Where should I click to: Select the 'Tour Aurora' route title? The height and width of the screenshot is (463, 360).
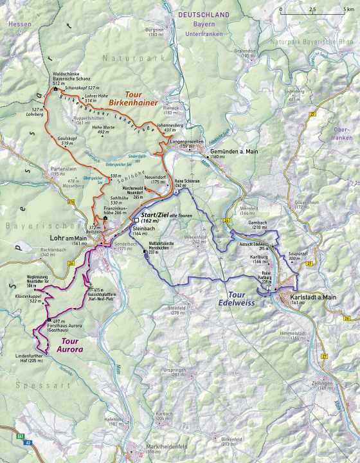point(67,345)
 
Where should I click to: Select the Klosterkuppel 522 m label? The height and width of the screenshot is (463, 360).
point(29,299)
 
